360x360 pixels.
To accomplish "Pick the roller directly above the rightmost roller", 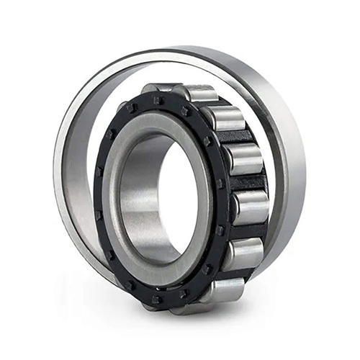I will tap(241, 160).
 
